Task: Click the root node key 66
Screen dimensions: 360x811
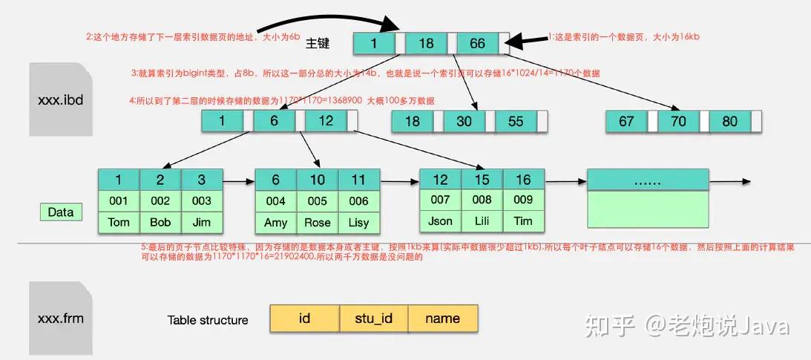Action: pyautogui.click(x=477, y=43)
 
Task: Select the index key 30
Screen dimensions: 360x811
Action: pyautogui.click(x=464, y=121)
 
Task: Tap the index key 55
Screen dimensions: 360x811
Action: pyautogui.click(x=516, y=121)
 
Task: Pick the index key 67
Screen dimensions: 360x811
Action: pyautogui.click(x=626, y=121)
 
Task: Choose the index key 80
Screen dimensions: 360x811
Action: pyautogui.click(x=729, y=121)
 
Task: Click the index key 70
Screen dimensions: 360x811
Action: pyautogui.click(x=678, y=121)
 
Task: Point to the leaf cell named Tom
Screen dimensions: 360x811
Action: pyautogui.click(x=119, y=221)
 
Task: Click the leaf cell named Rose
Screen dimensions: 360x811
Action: pyautogui.click(x=318, y=222)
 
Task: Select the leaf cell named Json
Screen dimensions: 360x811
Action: pyautogui.click(x=440, y=220)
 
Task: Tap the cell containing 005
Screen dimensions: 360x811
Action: pyautogui.click(x=318, y=200)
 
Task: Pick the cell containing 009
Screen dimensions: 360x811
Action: pyautogui.click(x=523, y=199)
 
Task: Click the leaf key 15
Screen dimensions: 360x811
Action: pyautogui.click(x=482, y=180)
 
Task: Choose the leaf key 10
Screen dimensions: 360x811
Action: pyautogui.click(x=318, y=180)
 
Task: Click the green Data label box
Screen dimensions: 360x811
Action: pyautogui.click(x=61, y=212)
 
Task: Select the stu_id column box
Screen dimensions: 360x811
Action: pyautogui.click(x=374, y=318)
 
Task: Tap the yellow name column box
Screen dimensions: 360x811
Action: pyautogui.click(x=443, y=318)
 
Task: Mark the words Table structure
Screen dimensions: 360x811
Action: pyautogui.click(x=208, y=320)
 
